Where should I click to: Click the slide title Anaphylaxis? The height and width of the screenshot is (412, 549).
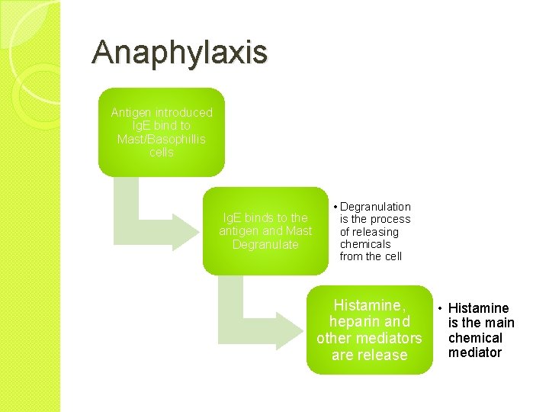pyautogui.click(x=180, y=53)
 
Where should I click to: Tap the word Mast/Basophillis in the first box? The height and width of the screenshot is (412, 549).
pyautogui.click(x=162, y=139)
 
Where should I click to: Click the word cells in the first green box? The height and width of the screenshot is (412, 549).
pyautogui.click(x=162, y=153)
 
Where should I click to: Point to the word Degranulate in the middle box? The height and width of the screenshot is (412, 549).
pyautogui.click(x=265, y=245)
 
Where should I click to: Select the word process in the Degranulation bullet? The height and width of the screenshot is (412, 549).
pyautogui.click(x=390, y=219)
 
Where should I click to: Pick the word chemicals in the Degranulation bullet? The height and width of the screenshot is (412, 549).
pyautogui.click(x=365, y=244)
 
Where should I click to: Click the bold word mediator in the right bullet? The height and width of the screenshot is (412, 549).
pyautogui.click(x=475, y=352)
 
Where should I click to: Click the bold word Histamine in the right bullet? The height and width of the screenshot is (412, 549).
pyautogui.click(x=479, y=308)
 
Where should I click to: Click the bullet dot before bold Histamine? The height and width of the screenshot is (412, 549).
pyautogui.click(x=441, y=308)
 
